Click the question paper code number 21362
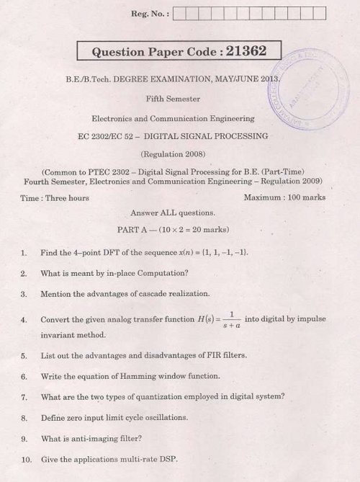[x=246, y=51]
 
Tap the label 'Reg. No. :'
[x=150, y=14]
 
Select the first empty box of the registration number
[x=179, y=13]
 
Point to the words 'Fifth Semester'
[x=173, y=99]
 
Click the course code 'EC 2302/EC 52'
[x=108, y=136]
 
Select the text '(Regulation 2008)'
[x=173, y=154]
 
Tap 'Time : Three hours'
[x=55, y=197]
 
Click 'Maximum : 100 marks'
[x=284, y=197]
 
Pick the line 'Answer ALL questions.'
[x=173, y=213]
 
